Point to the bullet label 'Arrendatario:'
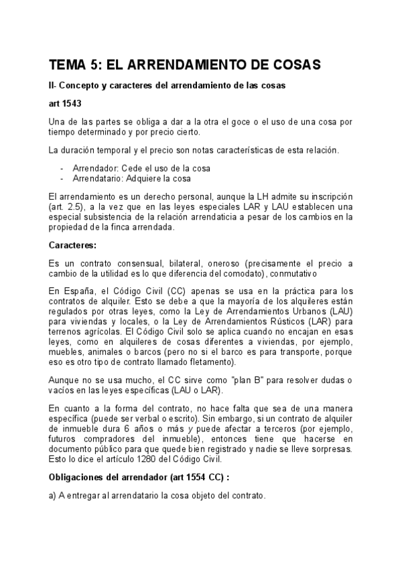[98, 179]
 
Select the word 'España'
[81, 291]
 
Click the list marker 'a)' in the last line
[54, 496]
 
